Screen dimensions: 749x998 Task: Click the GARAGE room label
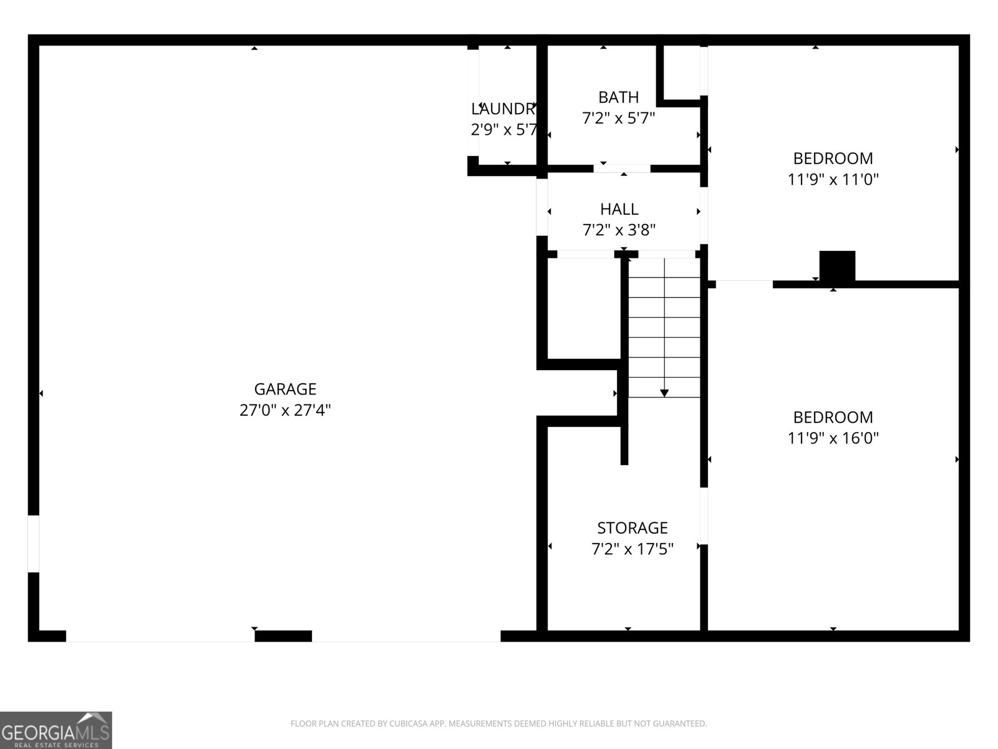pos(285,389)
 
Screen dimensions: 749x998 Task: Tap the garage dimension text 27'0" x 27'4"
pos(285,410)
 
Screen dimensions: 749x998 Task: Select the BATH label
pos(618,97)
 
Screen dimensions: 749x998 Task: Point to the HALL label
pos(619,209)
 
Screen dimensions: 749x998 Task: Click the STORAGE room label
pos(632,528)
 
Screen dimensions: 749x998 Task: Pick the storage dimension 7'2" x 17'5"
pos(632,549)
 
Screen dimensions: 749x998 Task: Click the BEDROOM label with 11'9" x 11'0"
pos(833,158)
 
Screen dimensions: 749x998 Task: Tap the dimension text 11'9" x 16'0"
pos(833,438)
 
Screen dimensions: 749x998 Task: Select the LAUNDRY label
pos(503,109)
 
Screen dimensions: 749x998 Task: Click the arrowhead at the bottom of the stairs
pos(664,393)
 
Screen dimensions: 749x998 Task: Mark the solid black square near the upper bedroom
pos(837,266)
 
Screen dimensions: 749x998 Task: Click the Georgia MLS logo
pos(56,730)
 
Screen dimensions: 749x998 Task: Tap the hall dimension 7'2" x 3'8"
pos(619,230)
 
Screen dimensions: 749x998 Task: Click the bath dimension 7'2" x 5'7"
pos(618,118)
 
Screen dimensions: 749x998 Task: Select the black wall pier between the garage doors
pos(283,636)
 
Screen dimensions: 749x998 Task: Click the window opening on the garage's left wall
pos(34,543)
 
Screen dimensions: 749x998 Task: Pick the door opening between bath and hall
pos(622,169)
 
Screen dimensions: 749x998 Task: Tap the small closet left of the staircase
pos(584,308)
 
